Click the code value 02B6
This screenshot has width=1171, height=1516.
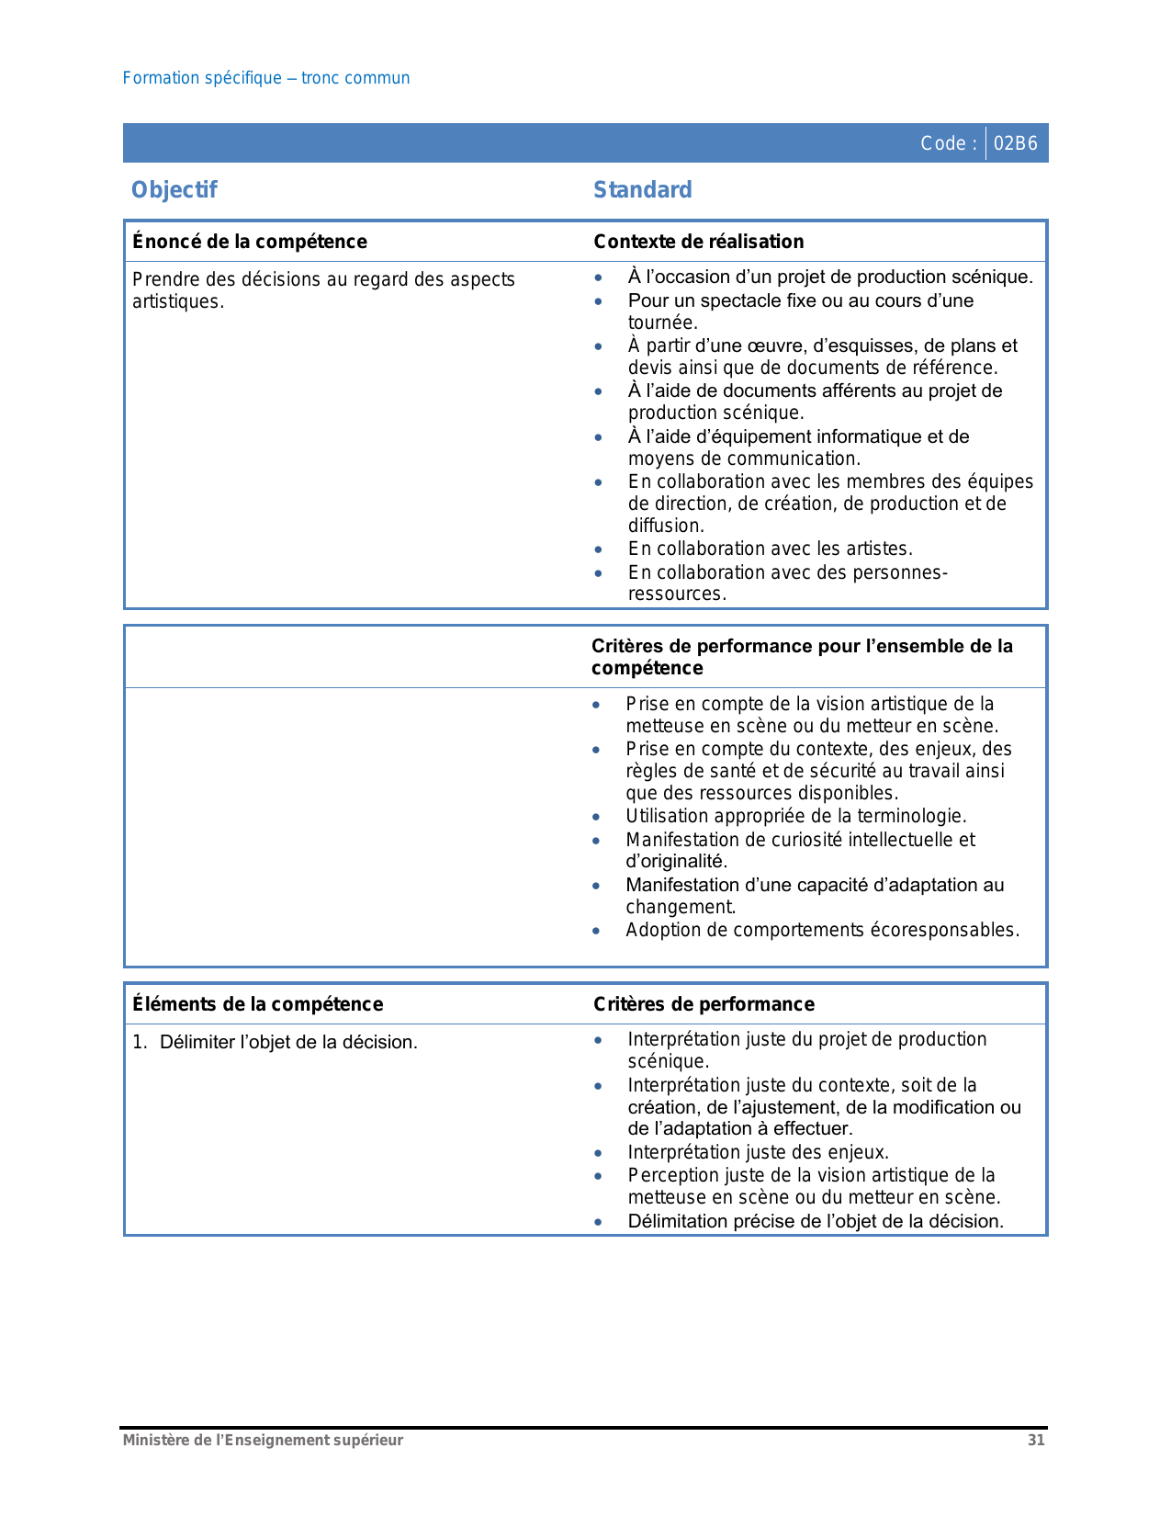point(1016,143)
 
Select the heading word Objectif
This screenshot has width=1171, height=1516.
point(175,190)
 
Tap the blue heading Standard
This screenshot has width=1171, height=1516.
point(643,190)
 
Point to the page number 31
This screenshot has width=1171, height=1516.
point(1036,1441)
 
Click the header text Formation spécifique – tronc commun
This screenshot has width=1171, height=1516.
point(266,78)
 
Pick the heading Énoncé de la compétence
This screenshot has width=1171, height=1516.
point(250,242)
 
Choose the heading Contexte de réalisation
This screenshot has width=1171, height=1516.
point(699,242)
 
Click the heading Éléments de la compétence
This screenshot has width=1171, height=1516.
point(258,1004)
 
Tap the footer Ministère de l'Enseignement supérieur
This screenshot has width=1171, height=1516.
point(263,1441)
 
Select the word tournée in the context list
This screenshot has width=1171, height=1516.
point(661,322)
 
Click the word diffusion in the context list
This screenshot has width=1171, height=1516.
point(665,526)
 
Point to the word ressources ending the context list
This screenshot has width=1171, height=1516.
point(675,594)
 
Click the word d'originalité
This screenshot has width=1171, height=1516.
point(675,862)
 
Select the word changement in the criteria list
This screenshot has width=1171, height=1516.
point(680,907)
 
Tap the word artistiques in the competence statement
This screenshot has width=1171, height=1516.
point(176,302)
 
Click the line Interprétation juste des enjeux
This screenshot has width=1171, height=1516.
point(759,1152)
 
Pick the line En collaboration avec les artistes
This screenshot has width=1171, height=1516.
point(771,549)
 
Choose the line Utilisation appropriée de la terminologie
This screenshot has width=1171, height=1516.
point(796,816)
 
